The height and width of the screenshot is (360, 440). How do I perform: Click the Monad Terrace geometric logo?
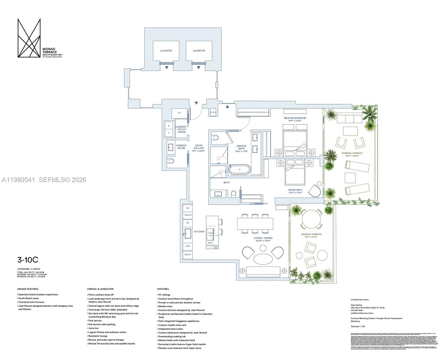pos(29,38)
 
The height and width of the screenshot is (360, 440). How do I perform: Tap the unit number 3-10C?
pos(28,260)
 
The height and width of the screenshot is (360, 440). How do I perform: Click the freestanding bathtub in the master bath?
pos(239,169)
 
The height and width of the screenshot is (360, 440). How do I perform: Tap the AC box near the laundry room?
pos(179,113)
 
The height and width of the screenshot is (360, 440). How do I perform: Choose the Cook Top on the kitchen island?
pos(210,234)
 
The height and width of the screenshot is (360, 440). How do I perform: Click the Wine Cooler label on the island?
pos(210,244)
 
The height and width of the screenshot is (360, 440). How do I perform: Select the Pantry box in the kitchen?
pos(187,255)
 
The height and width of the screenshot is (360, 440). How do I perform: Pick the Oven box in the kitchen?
pos(187,246)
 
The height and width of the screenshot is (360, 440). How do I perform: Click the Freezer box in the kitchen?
pos(187,215)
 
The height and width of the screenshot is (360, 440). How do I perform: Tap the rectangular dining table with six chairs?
pos(255,223)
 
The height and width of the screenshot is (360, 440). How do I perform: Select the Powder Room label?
pos(181,147)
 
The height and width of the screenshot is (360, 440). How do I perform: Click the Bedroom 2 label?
pos(295,191)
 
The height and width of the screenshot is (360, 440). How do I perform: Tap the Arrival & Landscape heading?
pos(100,289)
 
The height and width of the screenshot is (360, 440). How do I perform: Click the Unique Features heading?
pos(28,289)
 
